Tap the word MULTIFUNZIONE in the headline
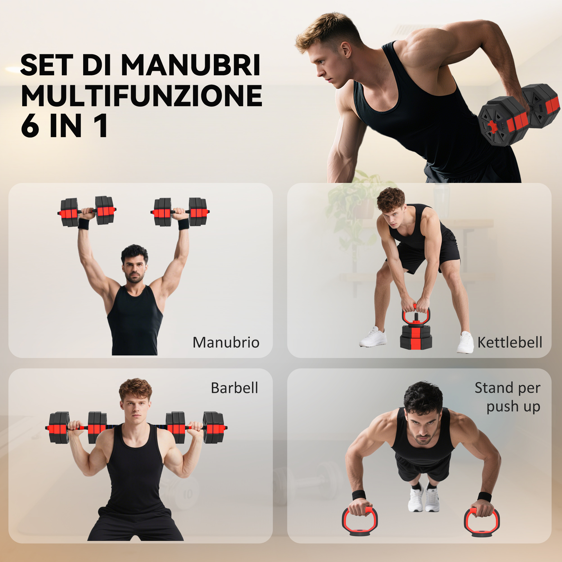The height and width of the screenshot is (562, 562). (x=142, y=96)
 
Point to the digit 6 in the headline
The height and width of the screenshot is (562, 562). (x=30, y=126)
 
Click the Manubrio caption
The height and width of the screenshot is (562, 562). (x=226, y=342)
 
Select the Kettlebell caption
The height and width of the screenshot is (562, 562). (x=510, y=342)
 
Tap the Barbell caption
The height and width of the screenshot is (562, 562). (x=234, y=388)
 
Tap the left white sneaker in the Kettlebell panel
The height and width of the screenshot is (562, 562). (x=373, y=337)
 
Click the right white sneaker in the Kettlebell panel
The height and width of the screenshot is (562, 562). (x=465, y=342)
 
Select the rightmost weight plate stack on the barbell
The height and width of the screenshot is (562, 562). (x=214, y=427)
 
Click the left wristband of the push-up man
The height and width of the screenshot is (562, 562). (x=359, y=495)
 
